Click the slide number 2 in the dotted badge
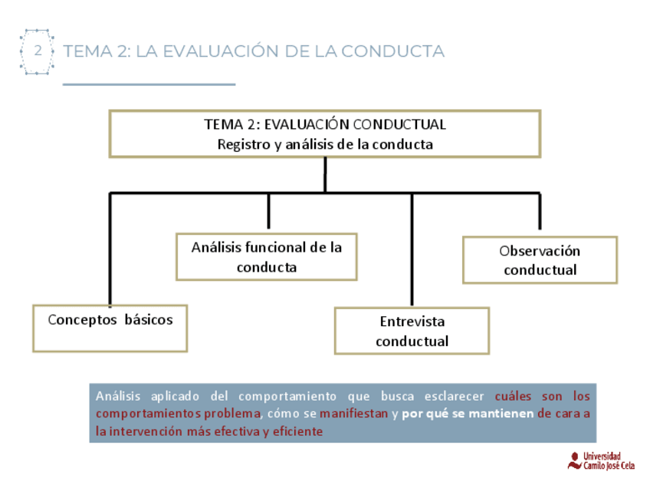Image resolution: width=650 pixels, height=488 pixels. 38,51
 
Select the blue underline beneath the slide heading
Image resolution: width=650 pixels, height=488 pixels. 149,84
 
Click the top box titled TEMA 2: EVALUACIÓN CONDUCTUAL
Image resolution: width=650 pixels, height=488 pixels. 325,134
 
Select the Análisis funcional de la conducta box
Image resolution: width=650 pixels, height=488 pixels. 266,257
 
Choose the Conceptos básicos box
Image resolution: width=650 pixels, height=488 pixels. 110,328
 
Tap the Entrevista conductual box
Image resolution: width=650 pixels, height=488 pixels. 412,331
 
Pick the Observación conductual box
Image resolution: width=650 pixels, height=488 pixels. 540,260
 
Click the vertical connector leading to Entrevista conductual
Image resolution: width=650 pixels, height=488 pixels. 412,249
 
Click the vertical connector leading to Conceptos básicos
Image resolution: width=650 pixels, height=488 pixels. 110,249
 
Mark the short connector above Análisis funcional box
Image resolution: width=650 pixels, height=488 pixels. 268,212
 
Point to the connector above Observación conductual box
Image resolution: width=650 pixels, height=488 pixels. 540,212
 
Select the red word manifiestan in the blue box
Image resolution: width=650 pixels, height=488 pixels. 353,414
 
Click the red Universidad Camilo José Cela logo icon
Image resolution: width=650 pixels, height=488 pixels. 574,460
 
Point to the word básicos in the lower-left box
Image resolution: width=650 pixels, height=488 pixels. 149,320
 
